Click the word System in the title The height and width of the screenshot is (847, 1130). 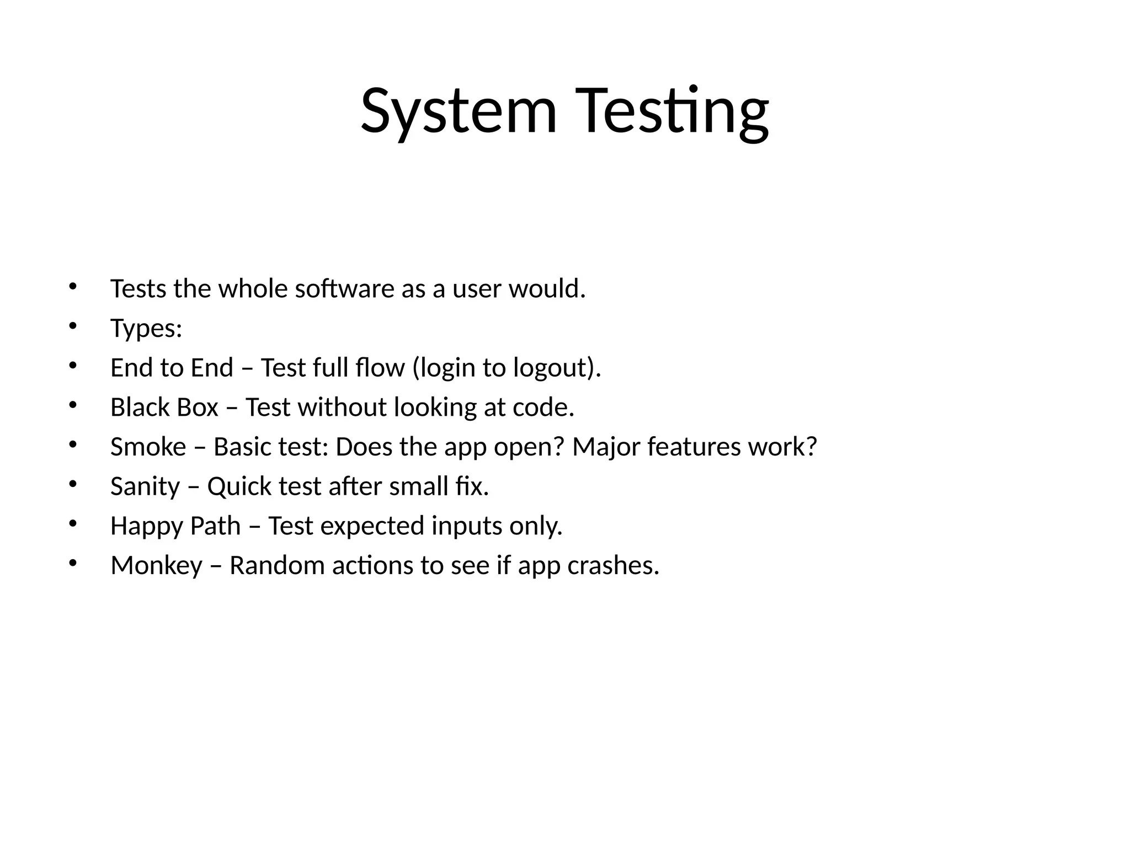pos(459,111)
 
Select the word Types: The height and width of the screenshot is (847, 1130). pos(146,329)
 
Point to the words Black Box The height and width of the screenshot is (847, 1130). pos(164,408)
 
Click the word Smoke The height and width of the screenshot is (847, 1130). pos(148,447)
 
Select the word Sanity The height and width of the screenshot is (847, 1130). pos(145,487)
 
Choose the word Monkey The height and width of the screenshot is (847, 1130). pos(157,566)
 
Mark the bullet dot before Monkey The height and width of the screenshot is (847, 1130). pos(72,563)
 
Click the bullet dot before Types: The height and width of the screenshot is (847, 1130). pos(72,325)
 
